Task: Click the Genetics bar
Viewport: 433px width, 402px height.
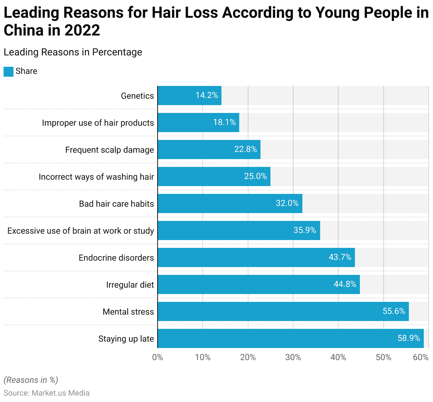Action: point(190,96)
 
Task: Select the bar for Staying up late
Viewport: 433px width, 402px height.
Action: point(290,338)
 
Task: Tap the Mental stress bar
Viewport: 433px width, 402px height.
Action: point(283,311)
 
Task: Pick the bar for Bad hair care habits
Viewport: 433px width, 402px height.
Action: point(230,203)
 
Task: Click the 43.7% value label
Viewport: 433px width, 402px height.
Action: point(340,257)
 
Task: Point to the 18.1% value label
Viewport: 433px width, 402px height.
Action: point(224,122)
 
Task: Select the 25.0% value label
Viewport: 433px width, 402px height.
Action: point(255,176)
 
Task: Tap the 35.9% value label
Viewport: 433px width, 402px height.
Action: point(305,230)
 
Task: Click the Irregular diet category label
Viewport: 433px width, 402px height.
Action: point(130,285)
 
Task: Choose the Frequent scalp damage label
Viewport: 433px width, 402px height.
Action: point(109,150)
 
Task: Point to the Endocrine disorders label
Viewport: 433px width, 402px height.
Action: point(116,258)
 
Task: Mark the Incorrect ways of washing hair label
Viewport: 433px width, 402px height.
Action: point(96,177)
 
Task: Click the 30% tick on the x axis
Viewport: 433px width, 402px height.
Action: point(293,357)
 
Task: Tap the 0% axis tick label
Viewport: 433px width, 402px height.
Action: point(158,357)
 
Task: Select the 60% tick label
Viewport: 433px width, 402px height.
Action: point(421,357)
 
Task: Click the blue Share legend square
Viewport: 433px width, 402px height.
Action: point(9,71)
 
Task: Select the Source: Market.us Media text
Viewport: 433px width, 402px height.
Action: point(46,393)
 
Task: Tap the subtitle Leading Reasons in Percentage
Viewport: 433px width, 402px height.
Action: point(73,52)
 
